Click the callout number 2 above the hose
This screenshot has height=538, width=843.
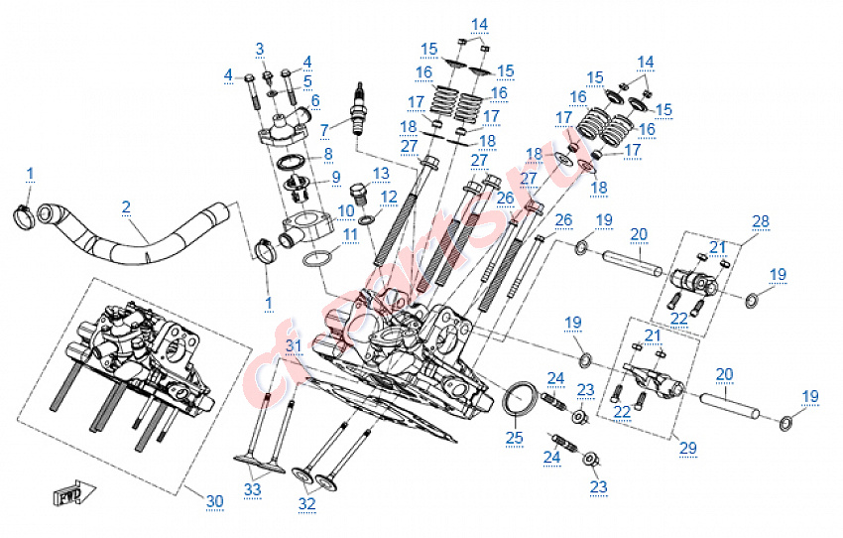coord(126,206)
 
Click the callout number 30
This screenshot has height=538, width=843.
coord(215,501)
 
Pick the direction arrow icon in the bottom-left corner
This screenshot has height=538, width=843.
coord(69,490)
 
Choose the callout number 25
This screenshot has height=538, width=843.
coord(514,436)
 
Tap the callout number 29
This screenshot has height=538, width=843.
coord(687,448)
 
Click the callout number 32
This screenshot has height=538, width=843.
coord(309,504)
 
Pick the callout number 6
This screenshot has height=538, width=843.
coord(314,100)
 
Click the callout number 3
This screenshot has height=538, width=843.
coord(260,49)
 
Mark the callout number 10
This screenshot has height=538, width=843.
coord(346,210)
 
